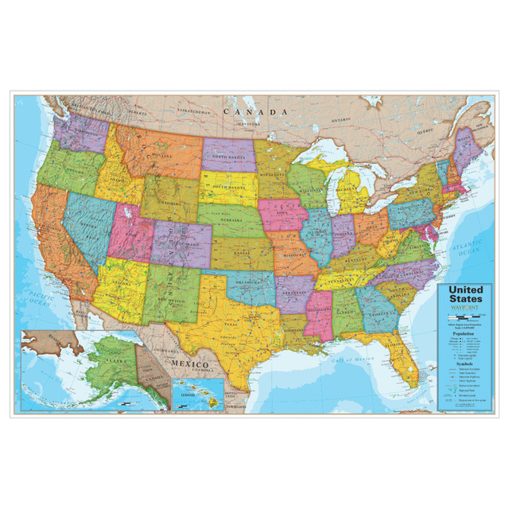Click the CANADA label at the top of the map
coord(254,113)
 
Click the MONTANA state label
coord(160,157)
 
